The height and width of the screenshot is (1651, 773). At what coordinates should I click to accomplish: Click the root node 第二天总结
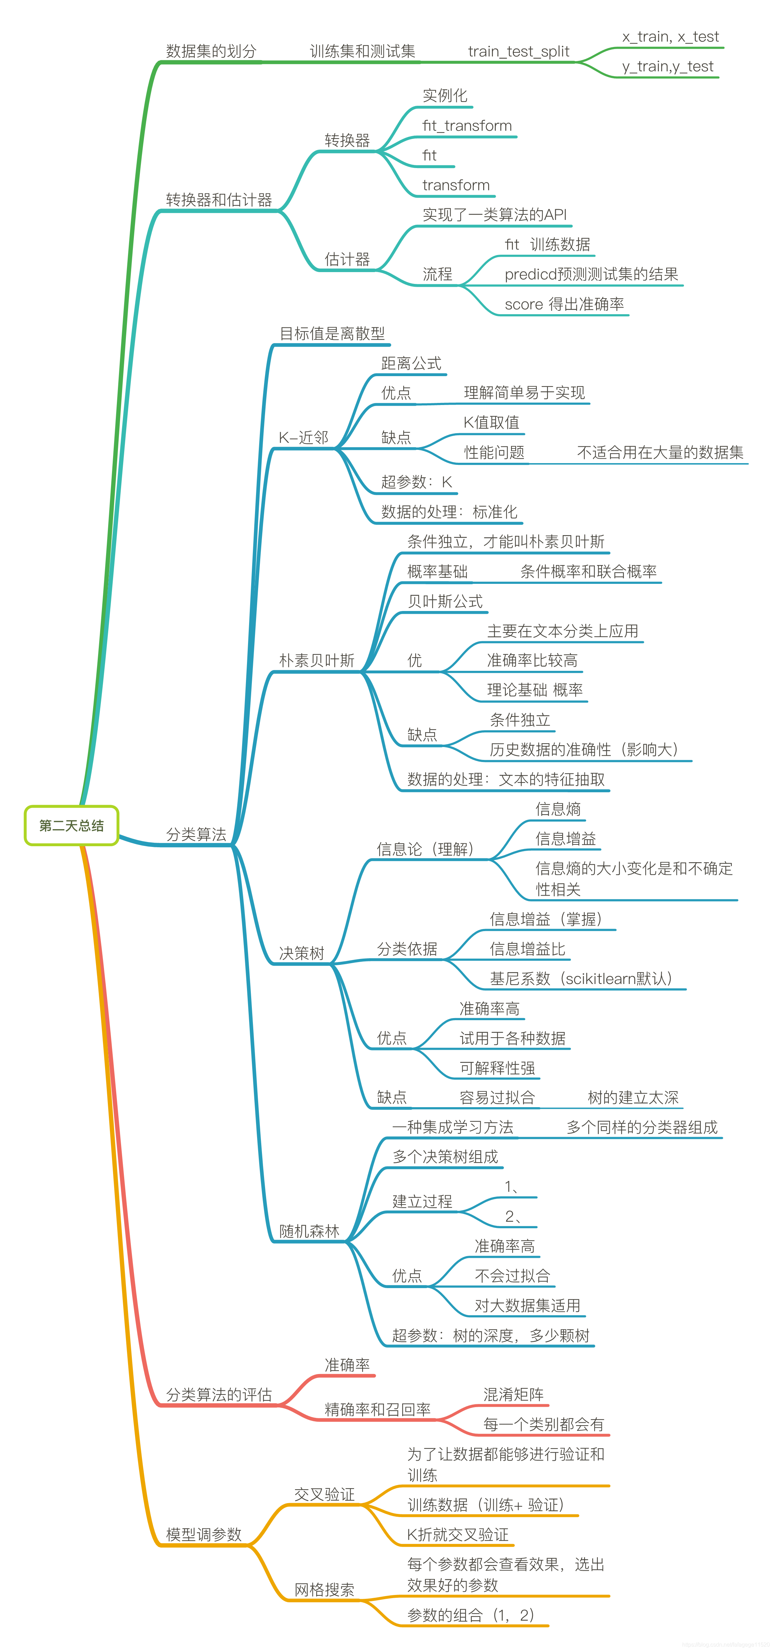click(x=71, y=825)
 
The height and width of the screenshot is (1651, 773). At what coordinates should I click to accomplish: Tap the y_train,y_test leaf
click(x=667, y=67)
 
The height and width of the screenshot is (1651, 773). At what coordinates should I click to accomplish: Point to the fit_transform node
click(x=467, y=126)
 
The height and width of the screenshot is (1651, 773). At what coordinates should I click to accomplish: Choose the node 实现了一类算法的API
click(x=494, y=215)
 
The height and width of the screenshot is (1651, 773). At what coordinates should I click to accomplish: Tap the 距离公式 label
click(x=411, y=363)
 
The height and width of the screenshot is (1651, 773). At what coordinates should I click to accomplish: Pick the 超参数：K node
click(x=416, y=482)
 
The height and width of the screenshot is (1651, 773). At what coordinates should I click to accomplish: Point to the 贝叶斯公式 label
click(x=445, y=601)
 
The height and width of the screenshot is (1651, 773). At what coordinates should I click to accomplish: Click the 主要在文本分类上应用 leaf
click(x=562, y=631)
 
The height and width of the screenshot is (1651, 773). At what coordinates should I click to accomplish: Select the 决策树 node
click(x=301, y=953)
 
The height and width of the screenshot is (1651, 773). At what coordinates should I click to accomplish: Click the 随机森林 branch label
click(x=309, y=1231)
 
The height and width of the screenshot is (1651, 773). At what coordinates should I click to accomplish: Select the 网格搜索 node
click(x=324, y=1589)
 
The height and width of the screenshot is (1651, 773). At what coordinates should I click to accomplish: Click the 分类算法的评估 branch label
click(x=218, y=1395)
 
